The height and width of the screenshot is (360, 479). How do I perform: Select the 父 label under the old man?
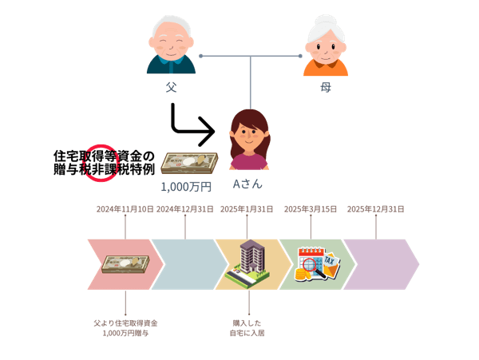170,85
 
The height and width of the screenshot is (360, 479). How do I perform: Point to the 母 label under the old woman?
327,85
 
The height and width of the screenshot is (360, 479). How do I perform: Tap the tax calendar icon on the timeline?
317,263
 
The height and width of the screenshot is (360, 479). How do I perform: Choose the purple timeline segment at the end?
379,263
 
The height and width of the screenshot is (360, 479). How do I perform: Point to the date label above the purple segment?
374,209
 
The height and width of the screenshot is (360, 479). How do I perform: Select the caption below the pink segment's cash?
125,326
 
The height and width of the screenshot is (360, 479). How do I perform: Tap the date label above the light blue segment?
185,209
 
